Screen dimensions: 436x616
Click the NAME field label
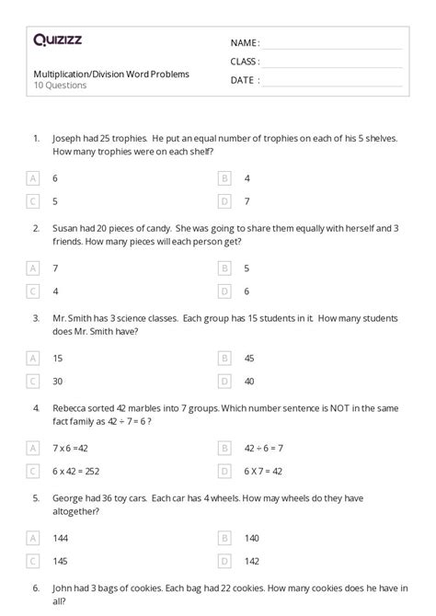[245, 43]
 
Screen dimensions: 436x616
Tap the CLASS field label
[245, 62]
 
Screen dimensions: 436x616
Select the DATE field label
[244, 80]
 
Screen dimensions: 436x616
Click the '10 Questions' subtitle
[60, 86]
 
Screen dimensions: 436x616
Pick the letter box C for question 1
[34, 200]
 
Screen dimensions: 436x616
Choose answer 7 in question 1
[247, 200]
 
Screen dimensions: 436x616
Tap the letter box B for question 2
[224, 268]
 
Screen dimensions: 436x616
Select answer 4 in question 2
[55, 291]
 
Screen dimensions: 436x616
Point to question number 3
[35, 317]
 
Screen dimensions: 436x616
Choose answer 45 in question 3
[249, 358]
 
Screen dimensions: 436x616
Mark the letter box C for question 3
[34, 380]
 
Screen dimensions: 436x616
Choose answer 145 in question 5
[60, 559]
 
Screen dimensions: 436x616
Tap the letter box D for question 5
[224, 559]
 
